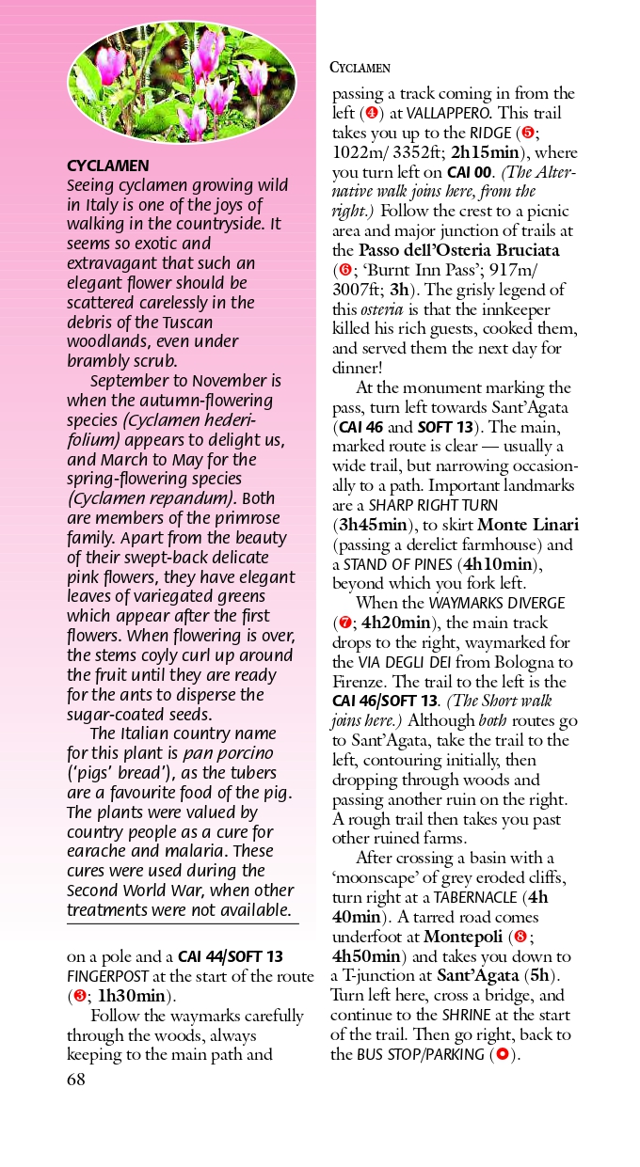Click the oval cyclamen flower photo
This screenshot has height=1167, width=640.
pyautogui.click(x=182, y=82)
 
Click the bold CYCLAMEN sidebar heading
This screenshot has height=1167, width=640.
pyautogui.click(x=107, y=166)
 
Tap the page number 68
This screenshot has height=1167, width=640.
pyautogui.click(x=75, y=1080)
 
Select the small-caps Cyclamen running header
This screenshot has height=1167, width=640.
pyautogui.click(x=360, y=68)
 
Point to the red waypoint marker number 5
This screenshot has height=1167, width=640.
pyautogui.click(x=529, y=133)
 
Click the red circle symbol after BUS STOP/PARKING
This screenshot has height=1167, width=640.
pyautogui.click(x=502, y=1054)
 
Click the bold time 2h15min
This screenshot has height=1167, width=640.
pyautogui.click(x=485, y=152)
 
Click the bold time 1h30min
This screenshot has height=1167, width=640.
pyautogui.click(x=132, y=997)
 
